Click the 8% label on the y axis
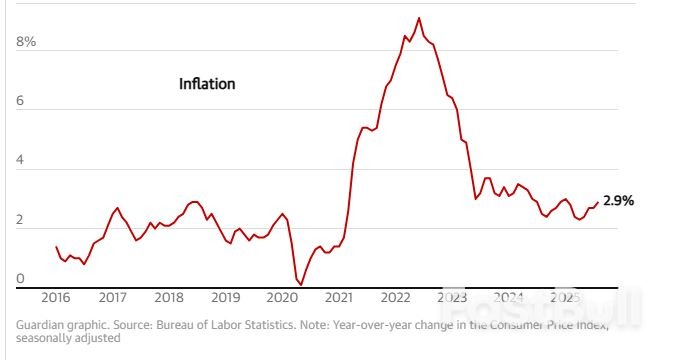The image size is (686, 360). (x=25, y=42)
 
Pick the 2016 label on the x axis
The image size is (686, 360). (x=56, y=298)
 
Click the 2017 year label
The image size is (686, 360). (x=113, y=298)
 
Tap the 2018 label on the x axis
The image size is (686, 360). (x=170, y=298)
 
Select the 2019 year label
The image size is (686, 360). (x=227, y=298)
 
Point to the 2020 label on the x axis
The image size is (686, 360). (x=284, y=298)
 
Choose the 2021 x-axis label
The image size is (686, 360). (x=340, y=298)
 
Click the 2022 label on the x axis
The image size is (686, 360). (x=397, y=298)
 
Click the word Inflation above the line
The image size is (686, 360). (x=207, y=84)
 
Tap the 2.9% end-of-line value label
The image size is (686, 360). (x=618, y=201)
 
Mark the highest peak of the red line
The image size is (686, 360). (x=419, y=18)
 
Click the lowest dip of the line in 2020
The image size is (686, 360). (x=300, y=284)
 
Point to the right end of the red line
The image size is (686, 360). (x=598, y=202)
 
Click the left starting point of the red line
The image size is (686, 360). (x=56, y=246)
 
